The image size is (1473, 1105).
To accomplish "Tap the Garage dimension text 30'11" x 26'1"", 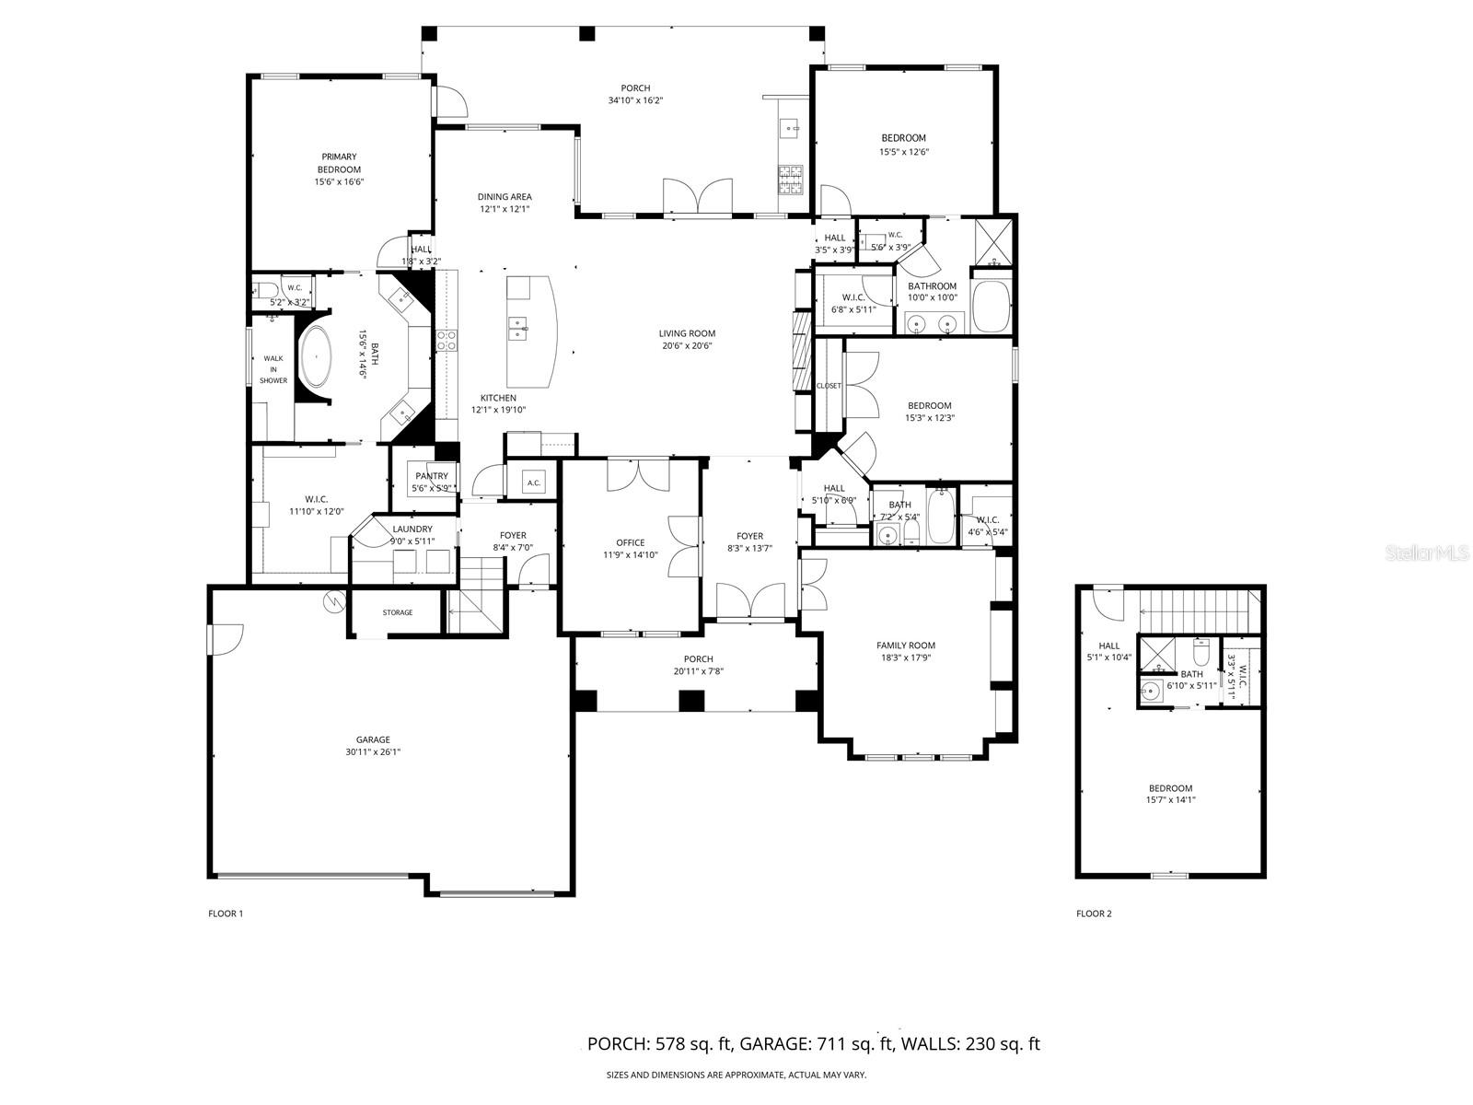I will tap(373, 752).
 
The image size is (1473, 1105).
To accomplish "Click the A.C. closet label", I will tap(533, 483).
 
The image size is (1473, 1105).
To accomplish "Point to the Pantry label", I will tap(432, 476).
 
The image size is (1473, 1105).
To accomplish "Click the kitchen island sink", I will tap(518, 329).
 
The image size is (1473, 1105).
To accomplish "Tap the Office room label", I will tap(631, 542).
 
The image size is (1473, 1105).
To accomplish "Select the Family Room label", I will tap(905, 646).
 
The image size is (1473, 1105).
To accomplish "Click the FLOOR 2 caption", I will tap(1094, 913).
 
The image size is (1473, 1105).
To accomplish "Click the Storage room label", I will tap(398, 612).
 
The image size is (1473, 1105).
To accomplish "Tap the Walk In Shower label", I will tap(273, 368).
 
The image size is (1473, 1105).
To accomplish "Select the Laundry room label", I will tap(412, 529).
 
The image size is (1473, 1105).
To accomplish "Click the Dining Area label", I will tap(505, 196).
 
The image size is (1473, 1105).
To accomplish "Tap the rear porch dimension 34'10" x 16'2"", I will tap(635, 100).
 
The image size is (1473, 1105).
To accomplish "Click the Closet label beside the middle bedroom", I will tap(829, 386).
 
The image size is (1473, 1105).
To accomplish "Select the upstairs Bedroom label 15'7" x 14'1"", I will tap(1170, 788).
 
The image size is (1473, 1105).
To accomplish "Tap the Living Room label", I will tap(687, 333).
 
